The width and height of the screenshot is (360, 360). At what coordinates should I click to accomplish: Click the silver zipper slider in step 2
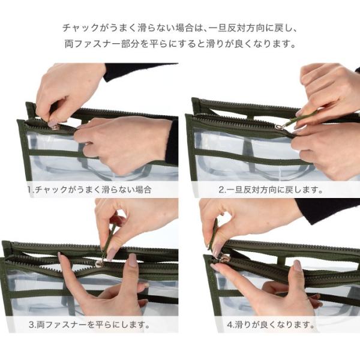click(279, 127)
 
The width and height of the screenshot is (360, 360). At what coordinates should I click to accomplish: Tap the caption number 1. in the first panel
click(31, 190)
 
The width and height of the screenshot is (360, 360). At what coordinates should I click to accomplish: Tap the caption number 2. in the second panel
click(222, 190)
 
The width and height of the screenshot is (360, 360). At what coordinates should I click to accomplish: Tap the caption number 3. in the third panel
click(32, 325)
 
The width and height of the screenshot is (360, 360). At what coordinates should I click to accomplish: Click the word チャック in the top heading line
click(81, 28)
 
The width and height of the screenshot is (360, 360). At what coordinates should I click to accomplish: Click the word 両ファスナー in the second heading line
click(92, 44)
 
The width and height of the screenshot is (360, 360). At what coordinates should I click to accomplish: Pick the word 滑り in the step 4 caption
click(242, 325)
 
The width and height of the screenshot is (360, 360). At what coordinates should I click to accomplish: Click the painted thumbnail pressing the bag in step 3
click(133, 260)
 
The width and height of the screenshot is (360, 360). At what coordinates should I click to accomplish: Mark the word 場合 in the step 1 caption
click(143, 190)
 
